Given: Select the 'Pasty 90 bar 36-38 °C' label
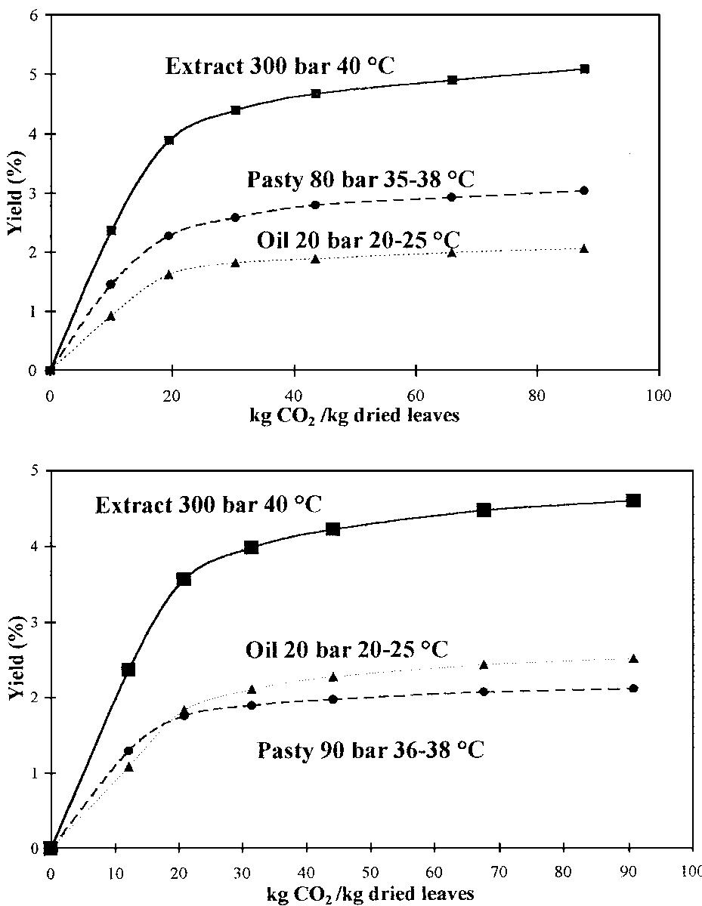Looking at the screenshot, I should (x=371, y=750).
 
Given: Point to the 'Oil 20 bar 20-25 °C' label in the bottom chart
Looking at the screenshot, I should (x=348, y=649).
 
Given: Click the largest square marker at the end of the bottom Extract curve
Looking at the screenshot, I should (x=633, y=501).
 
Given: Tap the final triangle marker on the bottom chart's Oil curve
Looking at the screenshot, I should (x=633, y=659).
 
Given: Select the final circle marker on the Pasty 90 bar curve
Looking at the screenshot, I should (x=633, y=688).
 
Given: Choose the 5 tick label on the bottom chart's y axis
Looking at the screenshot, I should (x=33, y=470).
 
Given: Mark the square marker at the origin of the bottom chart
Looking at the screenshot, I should (x=51, y=848).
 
